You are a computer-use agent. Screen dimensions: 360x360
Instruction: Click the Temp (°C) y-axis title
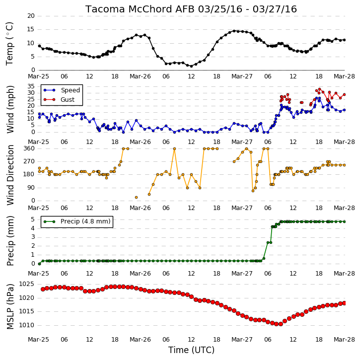[9, 44]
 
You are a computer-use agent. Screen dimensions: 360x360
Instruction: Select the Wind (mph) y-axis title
[10, 109]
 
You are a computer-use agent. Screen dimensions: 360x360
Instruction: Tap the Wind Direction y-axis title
[10, 175]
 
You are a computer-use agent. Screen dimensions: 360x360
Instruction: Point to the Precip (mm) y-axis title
[10, 241]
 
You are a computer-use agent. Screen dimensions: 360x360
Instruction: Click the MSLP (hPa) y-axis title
[10, 306]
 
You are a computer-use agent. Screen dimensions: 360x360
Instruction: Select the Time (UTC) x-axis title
[191, 350]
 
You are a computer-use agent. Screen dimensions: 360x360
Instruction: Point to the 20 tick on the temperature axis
[31, 16]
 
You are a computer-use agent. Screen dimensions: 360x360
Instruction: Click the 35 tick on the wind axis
[31, 86]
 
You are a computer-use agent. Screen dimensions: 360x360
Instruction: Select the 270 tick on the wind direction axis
[29, 161]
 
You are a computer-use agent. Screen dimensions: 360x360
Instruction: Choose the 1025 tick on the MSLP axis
[26, 284]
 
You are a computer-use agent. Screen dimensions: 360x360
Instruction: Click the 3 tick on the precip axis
[33, 237]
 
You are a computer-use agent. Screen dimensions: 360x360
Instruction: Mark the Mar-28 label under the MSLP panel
[344, 339]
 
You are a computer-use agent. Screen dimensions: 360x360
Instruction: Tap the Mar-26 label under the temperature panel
[141, 76]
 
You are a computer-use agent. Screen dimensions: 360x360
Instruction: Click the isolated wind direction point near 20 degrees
[136, 198]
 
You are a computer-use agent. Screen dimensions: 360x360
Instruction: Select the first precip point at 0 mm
[40, 264]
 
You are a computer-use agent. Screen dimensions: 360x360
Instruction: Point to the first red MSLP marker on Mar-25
[43, 289]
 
